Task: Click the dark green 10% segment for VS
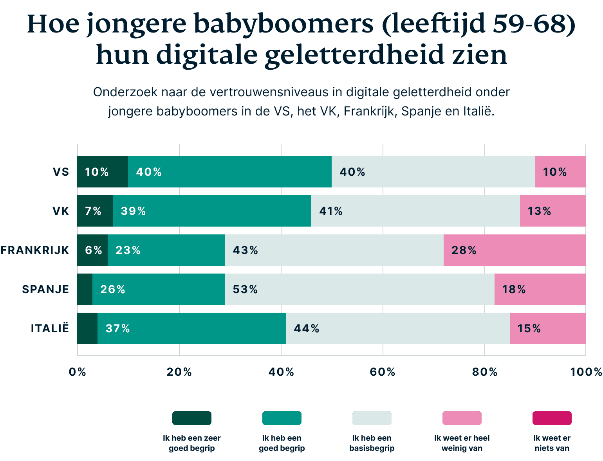coord(103,172)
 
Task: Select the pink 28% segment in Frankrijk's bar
coord(515,250)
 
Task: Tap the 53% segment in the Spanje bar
coord(359,289)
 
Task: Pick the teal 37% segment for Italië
coord(191,328)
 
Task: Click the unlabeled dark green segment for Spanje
coord(85,289)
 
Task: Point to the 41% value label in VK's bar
coord(331,211)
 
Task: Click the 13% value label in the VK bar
coord(539,211)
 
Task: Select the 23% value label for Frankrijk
coord(128,250)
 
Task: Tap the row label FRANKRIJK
coord(35,250)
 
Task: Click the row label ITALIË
coord(50,328)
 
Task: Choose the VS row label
coord(61,172)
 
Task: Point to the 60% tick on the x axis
coord(383,372)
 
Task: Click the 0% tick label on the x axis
coord(77,372)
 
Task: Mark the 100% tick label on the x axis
coord(586,372)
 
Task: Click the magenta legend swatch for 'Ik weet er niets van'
coord(552,418)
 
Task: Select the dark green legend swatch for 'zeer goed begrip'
coord(192,418)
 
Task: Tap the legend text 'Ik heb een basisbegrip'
coord(372,443)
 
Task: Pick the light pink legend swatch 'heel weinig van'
coord(462,418)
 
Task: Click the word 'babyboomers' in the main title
coord(283,24)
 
